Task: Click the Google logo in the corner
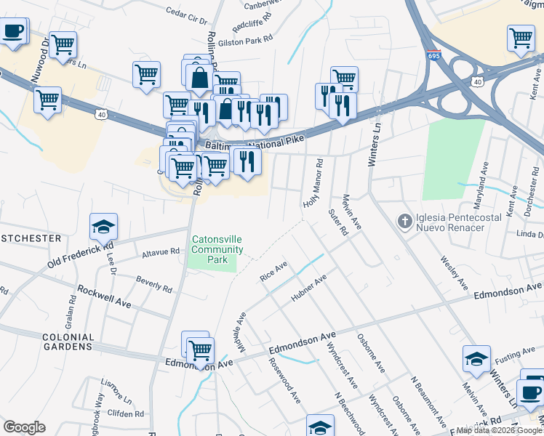(24, 427)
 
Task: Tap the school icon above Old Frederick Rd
(103, 227)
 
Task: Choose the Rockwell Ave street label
(104, 296)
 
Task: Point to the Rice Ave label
(274, 271)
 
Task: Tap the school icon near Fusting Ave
(476, 359)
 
